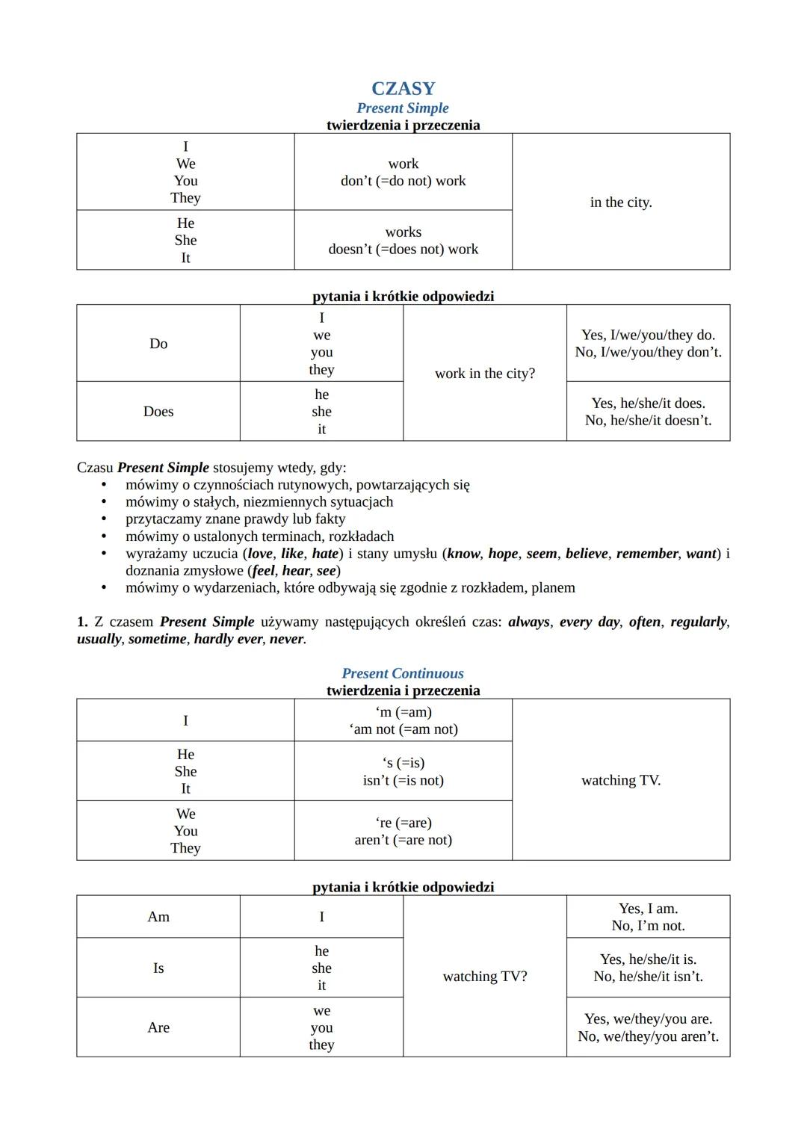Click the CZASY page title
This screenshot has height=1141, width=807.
point(403,88)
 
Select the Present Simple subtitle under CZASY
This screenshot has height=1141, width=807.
point(403,108)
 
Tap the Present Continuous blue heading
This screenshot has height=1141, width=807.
point(403,673)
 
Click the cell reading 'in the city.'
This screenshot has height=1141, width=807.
point(621,202)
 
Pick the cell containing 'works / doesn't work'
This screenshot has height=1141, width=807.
point(403,241)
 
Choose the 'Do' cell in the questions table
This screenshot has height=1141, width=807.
point(158,344)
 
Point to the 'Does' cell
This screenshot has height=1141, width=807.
point(158,412)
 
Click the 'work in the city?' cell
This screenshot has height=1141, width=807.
point(485,374)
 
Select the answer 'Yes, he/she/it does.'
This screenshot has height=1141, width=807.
point(648,403)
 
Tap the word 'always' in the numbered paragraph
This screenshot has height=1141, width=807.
point(529,622)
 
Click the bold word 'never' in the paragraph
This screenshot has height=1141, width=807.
point(286,639)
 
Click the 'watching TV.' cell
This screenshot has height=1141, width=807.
point(621,780)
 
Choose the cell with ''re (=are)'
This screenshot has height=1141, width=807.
point(403,823)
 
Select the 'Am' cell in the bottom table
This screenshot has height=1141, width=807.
point(158,917)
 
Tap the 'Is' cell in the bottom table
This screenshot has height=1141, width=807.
point(158,968)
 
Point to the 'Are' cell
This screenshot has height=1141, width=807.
point(158,1027)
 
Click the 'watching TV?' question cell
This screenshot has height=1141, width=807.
point(485,977)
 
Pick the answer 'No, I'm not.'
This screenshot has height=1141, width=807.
point(648,926)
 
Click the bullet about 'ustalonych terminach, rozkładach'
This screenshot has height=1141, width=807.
point(259,537)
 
